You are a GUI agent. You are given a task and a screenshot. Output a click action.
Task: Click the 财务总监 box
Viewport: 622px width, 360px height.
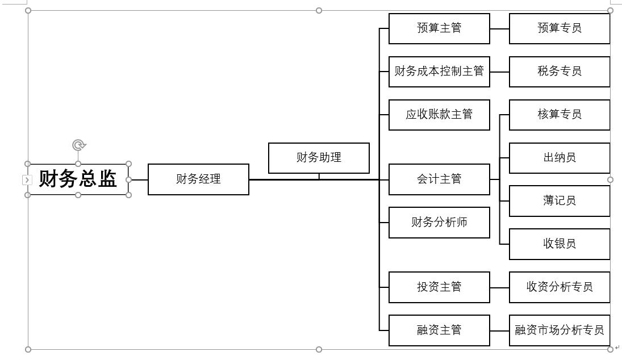78,179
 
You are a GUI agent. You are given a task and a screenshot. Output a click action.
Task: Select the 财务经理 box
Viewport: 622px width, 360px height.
198,179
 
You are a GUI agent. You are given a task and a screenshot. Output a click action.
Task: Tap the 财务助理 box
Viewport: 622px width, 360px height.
319,158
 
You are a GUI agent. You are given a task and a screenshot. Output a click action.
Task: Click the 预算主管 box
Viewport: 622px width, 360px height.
439,28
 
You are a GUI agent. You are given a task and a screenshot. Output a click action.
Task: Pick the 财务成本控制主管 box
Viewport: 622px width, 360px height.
439,72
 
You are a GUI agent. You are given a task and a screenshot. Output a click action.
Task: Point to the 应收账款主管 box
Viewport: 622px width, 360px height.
439,115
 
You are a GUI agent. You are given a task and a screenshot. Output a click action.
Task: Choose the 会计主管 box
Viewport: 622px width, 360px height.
439,179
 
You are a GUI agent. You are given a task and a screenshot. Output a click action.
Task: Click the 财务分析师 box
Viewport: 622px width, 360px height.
439,223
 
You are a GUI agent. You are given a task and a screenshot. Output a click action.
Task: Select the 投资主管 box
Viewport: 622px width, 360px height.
439,287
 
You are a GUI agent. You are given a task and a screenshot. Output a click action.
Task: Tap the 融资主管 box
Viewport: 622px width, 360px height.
439,330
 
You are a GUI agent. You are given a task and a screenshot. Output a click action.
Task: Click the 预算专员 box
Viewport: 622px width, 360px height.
560,28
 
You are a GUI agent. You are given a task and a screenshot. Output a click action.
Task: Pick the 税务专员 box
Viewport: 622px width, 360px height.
560,72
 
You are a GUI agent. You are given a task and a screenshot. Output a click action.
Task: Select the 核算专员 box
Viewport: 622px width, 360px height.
560,115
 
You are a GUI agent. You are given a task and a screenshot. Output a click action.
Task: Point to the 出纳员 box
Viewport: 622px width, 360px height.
560,158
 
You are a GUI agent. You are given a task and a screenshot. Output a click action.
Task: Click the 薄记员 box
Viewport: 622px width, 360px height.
560,201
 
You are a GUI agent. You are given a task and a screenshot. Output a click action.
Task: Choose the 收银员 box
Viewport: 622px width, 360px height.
560,244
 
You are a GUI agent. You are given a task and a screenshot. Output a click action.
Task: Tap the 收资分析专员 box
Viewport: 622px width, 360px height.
560,287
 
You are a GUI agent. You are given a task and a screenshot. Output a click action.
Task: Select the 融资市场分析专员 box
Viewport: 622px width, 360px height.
560,330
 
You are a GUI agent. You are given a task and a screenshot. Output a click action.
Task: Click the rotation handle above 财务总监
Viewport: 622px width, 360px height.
79,145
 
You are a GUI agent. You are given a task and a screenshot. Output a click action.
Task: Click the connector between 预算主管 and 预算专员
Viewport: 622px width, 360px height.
499,28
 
